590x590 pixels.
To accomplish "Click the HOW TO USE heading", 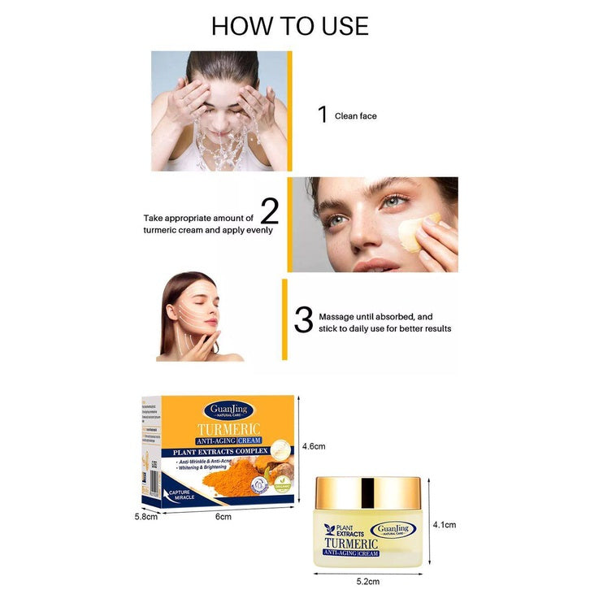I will pyautogui.click(x=290, y=25).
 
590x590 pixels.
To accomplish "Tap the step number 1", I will pyautogui.click(x=323, y=115).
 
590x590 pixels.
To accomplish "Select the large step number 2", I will pyautogui.click(x=269, y=210).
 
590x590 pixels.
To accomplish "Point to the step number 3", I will pyautogui.click(x=303, y=320).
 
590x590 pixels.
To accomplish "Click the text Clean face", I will pyautogui.click(x=355, y=116).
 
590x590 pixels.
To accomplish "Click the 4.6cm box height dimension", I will pyautogui.click(x=314, y=446).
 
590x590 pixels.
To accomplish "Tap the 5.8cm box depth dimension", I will pyautogui.click(x=145, y=516).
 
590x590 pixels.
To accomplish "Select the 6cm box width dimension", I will pyautogui.click(x=223, y=517).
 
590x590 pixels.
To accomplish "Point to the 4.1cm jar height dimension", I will pyautogui.click(x=445, y=524).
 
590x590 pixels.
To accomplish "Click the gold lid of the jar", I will pyautogui.click(x=367, y=492).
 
